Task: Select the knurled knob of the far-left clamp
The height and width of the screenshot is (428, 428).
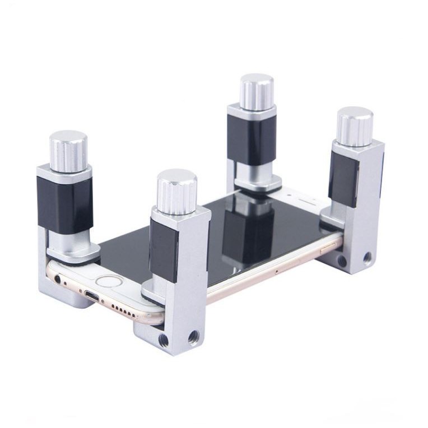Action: [68, 151]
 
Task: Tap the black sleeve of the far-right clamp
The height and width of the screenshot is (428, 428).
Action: [343, 179]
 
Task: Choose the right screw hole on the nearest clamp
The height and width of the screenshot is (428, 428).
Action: [193, 337]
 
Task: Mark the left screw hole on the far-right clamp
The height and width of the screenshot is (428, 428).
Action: [342, 262]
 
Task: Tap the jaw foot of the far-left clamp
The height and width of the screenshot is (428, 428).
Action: [73, 253]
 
